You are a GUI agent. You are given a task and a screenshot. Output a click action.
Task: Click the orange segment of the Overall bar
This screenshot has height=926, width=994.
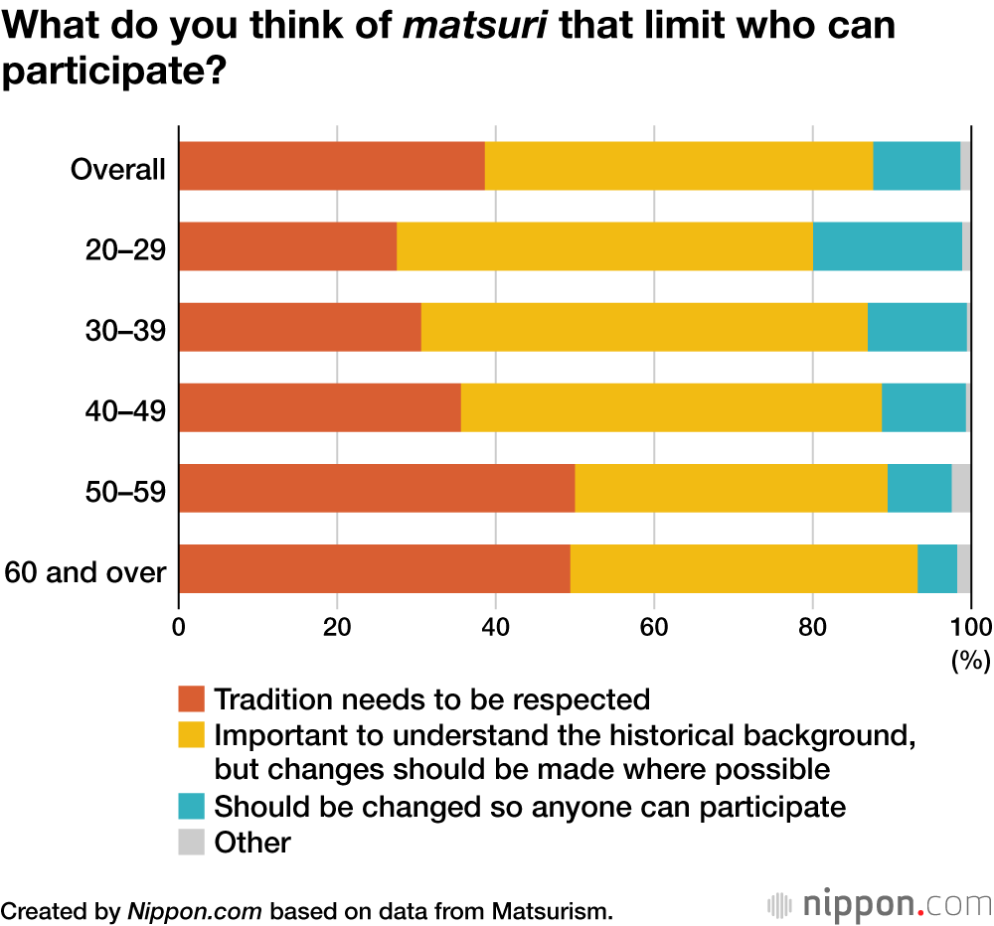[331, 166]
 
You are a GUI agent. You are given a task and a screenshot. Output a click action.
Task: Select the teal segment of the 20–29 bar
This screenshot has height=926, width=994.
[887, 246]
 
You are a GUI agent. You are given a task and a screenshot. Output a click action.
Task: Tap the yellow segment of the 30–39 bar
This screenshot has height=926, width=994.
[644, 327]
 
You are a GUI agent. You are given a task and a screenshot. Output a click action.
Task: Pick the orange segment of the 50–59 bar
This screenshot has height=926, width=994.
[376, 488]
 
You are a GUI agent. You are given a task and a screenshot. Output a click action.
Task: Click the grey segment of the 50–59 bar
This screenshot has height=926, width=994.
[961, 488]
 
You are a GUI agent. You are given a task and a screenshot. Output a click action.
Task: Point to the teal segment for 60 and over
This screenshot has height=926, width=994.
[936, 568]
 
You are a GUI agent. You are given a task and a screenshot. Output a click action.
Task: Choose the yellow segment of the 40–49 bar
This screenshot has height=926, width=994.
[671, 407]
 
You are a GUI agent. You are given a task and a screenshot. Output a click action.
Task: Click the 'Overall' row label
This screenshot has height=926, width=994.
[117, 169]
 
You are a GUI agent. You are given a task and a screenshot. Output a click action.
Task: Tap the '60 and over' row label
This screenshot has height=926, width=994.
[85, 572]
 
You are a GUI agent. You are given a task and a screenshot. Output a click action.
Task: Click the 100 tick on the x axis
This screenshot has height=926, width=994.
[971, 626]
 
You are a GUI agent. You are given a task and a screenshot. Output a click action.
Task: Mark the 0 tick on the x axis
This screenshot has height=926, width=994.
[179, 626]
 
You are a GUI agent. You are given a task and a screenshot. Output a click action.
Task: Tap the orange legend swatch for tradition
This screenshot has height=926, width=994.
[192, 698]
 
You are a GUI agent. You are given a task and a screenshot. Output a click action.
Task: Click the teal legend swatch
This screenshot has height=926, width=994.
[192, 806]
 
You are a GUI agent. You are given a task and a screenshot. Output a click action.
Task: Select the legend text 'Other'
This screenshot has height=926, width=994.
[252, 843]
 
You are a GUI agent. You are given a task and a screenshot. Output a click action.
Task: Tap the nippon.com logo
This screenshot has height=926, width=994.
[879, 905]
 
